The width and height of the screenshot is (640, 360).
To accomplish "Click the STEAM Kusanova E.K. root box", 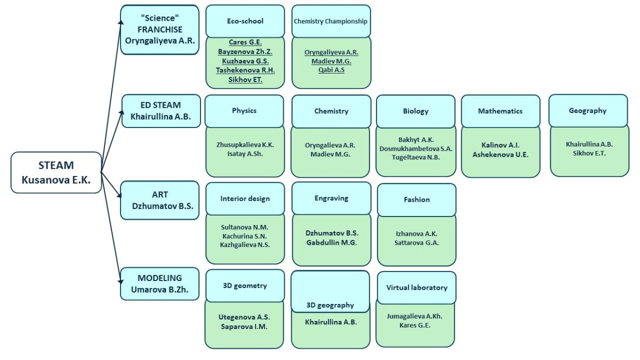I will point(56,172).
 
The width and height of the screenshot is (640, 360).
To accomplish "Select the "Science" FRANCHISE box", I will point(159,29).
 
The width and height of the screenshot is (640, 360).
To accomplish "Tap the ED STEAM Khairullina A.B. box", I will point(161,111).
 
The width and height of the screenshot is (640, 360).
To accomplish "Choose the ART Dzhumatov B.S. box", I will point(159,200).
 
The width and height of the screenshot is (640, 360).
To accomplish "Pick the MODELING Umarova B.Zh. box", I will point(159,284).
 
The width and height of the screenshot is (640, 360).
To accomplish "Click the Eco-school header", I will point(245,21).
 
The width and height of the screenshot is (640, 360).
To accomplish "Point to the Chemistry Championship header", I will point(331,21).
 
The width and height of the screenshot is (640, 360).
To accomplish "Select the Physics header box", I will point(244,111).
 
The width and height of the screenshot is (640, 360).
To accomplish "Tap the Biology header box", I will point(415,111).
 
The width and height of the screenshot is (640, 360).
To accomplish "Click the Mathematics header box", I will point(500,111).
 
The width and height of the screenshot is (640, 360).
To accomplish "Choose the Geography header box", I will point(588,111).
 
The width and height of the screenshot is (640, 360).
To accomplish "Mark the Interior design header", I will point(245,198).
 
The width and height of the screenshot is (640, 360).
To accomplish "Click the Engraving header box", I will point(331,198).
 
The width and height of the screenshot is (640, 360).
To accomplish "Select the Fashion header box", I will point(417,199).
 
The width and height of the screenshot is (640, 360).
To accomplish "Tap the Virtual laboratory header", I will point(417,287).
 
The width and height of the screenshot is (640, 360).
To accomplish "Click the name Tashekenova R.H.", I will point(245,70).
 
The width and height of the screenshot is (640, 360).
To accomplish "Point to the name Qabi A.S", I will point(331,70).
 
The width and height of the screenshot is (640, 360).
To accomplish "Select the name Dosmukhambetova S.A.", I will point(415,148).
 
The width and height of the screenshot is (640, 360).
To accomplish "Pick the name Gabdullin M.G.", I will point(331,242).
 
